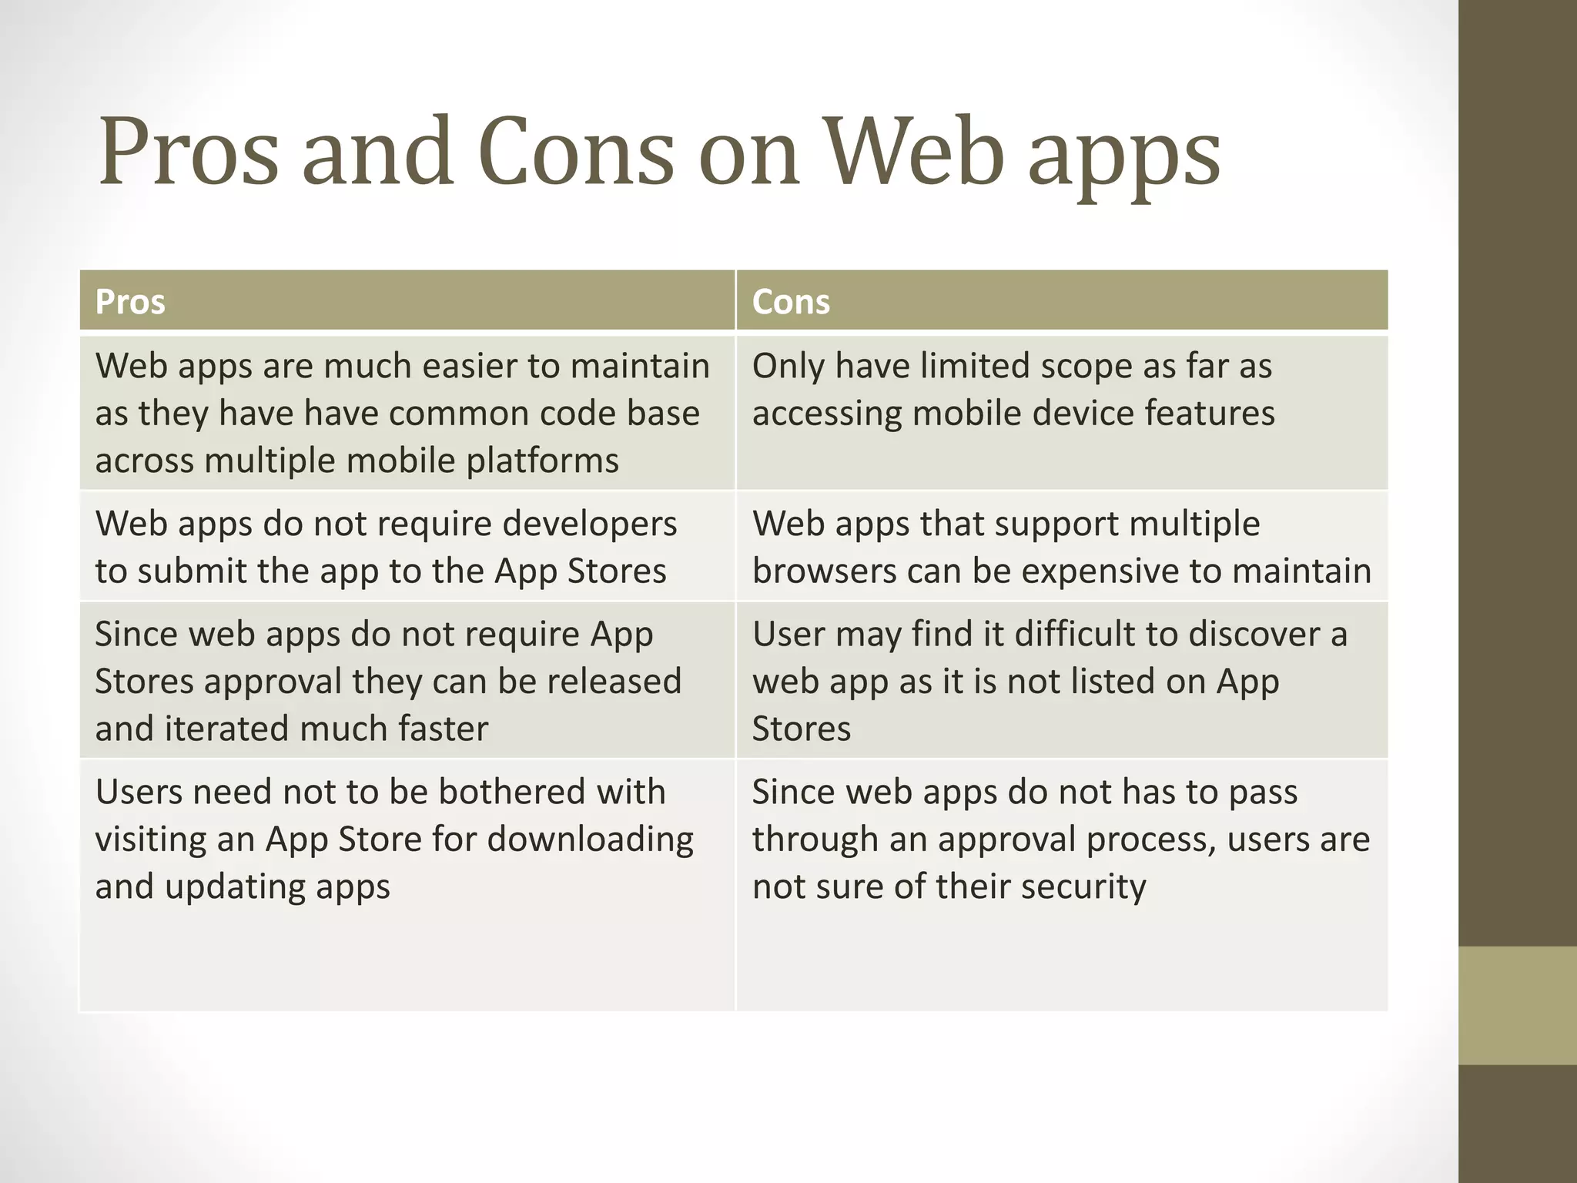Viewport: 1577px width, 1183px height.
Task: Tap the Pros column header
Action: click(x=130, y=302)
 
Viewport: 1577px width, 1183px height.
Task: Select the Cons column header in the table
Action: click(x=791, y=302)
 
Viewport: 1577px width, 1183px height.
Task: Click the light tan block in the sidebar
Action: click(x=1518, y=1005)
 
